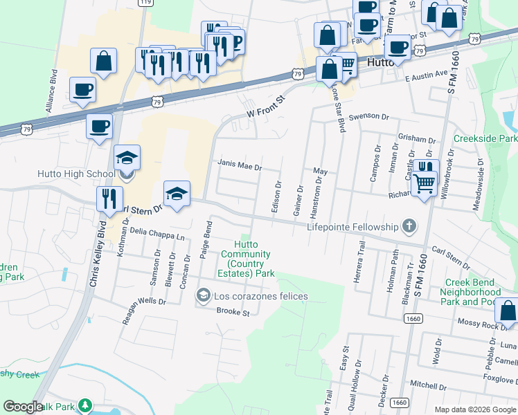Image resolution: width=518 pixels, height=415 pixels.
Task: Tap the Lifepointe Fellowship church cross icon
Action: point(410,226)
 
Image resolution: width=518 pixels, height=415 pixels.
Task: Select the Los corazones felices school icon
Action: point(203,296)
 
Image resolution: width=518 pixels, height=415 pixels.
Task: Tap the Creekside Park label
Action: point(485,139)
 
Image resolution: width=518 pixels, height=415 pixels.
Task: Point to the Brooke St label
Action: point(233,312)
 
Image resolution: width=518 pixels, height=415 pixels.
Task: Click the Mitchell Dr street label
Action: point(429,384)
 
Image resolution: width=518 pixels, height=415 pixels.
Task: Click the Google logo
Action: point(24,407)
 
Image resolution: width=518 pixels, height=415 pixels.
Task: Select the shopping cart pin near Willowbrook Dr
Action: point(424,184)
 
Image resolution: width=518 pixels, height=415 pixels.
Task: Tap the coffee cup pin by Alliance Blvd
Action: point(83,90)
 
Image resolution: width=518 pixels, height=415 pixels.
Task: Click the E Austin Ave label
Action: point(427,73)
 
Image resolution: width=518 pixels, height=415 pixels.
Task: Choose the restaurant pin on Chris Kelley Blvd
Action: point(108,199)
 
